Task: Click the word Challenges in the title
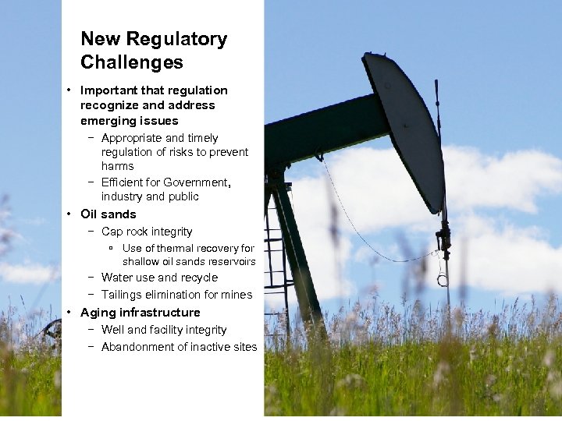132,62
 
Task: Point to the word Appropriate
132,138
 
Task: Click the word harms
117,166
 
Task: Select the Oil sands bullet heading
108,214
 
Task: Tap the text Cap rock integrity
147,232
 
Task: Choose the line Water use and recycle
159,278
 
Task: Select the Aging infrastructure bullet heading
140,313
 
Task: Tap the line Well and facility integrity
164,330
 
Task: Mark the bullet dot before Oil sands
70,214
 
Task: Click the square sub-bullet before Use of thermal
112,249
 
